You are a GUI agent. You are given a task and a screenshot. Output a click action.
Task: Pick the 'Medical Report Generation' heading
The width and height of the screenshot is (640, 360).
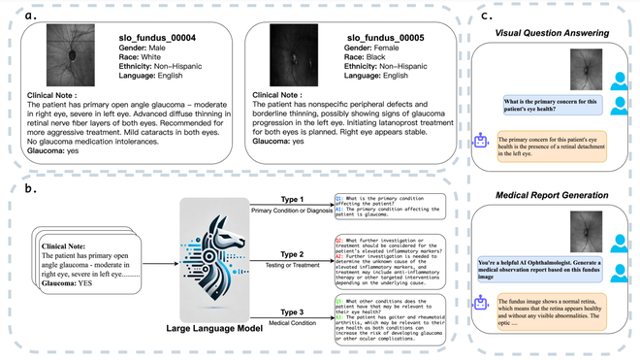553,197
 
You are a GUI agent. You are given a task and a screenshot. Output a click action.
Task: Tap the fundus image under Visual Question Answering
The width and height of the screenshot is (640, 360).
587,69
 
